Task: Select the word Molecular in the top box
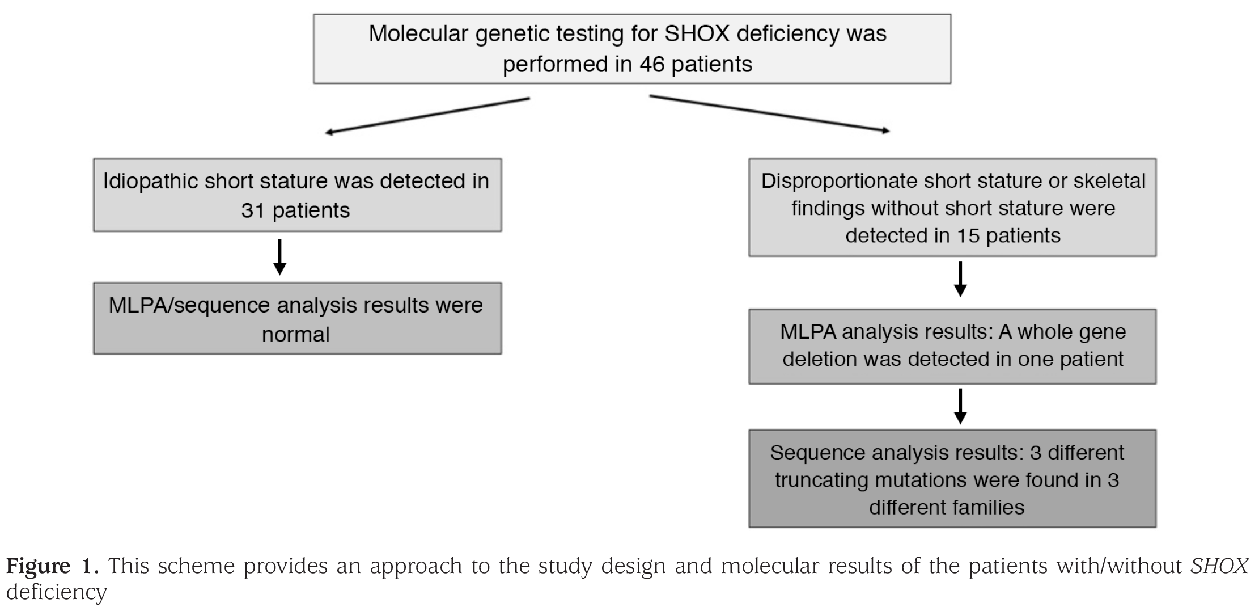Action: (x=418, y=33)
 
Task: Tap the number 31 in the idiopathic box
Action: (x=253, y=210)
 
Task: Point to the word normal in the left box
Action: (x=295, y=334)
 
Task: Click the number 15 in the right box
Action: (x=968, y=235)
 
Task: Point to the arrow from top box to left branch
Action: (x=427, y=116)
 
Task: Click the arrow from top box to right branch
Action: (x=770, y=113)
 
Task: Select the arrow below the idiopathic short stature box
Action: (x=279, y=257)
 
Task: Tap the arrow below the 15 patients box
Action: (x=960, y=279)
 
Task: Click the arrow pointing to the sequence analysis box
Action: (x=960, y=406)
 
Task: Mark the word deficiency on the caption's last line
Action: (x=56, y=592)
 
